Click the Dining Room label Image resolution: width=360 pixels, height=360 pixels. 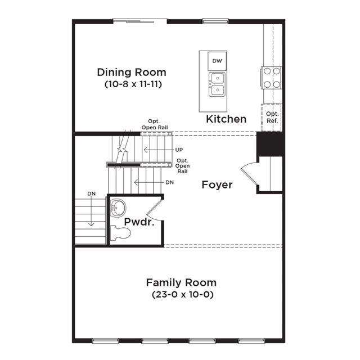pos(132,73)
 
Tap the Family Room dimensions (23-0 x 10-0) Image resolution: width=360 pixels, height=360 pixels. pos(183,295)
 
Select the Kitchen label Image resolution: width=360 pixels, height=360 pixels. pos(226,119)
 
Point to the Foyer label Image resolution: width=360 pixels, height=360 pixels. pos(217,185)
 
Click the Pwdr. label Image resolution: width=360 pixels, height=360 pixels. pos(139,222)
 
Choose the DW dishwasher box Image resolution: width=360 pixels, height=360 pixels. pos(217,61)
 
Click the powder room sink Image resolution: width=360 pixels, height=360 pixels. pos(118,208)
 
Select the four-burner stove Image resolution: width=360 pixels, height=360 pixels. pos(271,78)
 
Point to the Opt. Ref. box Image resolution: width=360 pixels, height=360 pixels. pos(272,118)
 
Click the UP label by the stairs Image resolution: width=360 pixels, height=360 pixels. pos(179,150)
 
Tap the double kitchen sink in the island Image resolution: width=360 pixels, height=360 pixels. pos(217,84)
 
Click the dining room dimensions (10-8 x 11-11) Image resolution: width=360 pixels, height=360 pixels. pos(133,84)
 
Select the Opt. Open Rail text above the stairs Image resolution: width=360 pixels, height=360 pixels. pos(155,124)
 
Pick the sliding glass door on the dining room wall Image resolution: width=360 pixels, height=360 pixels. pos(140,21)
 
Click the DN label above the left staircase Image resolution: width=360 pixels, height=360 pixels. pos(91,193)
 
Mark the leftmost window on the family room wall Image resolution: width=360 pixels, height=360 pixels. pos(105,341)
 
